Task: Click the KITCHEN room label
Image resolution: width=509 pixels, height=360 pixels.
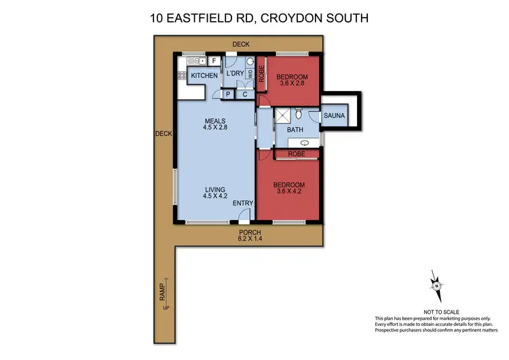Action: (x=203, y=75)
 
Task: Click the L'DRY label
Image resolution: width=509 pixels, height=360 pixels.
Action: (x=235, y=73)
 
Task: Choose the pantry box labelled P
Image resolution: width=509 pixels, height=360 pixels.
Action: (x=227, y=94)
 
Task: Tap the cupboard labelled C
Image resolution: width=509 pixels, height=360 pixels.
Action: (x=244, y=94)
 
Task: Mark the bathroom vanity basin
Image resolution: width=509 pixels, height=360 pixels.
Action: (x=304, y=143)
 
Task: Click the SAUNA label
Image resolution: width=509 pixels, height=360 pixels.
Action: (x=335, y=116)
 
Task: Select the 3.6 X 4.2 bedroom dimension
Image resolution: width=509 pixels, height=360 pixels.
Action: (x=288, y=192)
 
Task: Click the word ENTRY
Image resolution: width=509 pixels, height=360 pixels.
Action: (x=242, y=203)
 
